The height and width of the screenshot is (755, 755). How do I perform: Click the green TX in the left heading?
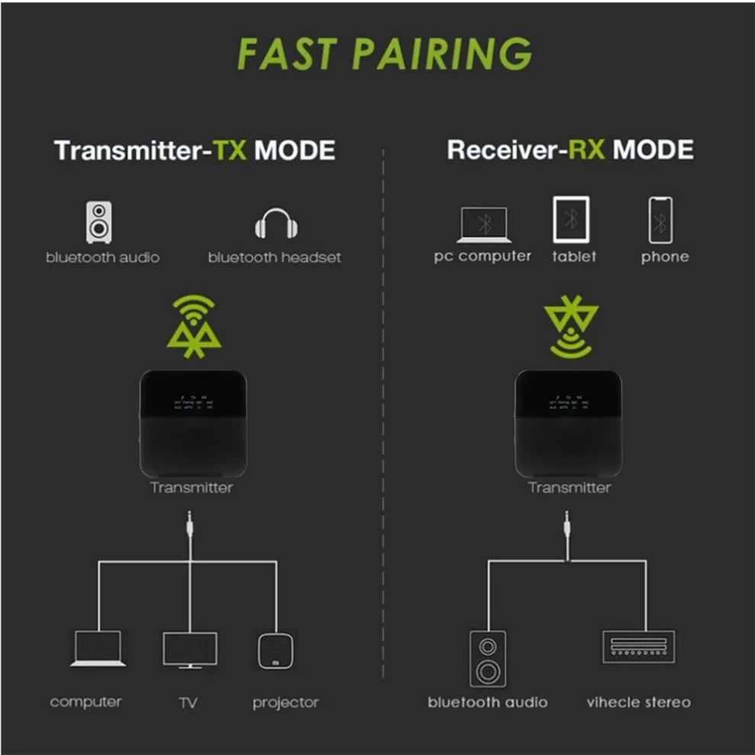[x=230, y=149]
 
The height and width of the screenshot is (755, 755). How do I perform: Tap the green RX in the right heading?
[x=585, y=149]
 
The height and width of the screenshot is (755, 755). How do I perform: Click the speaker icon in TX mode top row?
[x=98, y=221]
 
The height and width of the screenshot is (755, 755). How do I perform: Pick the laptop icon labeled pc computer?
[x=482, y=224]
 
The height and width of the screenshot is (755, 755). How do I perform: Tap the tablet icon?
[x=570, y=220]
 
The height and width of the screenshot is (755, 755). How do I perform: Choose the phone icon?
[x=660, y=220]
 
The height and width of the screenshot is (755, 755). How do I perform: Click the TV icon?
[x=189, y=651]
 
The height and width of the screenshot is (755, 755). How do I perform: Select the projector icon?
[x=275, y=651]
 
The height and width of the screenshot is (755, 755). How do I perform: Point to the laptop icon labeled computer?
[x=98, y=649]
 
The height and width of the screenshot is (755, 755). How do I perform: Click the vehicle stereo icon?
[x=638, y=646]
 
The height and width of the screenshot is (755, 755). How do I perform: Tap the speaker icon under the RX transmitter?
[x=487, y=658]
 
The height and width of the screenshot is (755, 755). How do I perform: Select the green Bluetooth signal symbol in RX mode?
[x=570, y=329]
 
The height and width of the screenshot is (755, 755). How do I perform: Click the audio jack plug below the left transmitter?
[x=189, y=526]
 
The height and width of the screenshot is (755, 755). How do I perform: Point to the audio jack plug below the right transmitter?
[x=566, y=526]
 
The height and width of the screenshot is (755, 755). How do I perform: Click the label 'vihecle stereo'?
[x=638, y=702]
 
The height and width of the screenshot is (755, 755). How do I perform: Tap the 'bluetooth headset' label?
[x=275, y=257]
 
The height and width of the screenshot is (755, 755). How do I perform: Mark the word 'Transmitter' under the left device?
[x=191, y=487]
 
